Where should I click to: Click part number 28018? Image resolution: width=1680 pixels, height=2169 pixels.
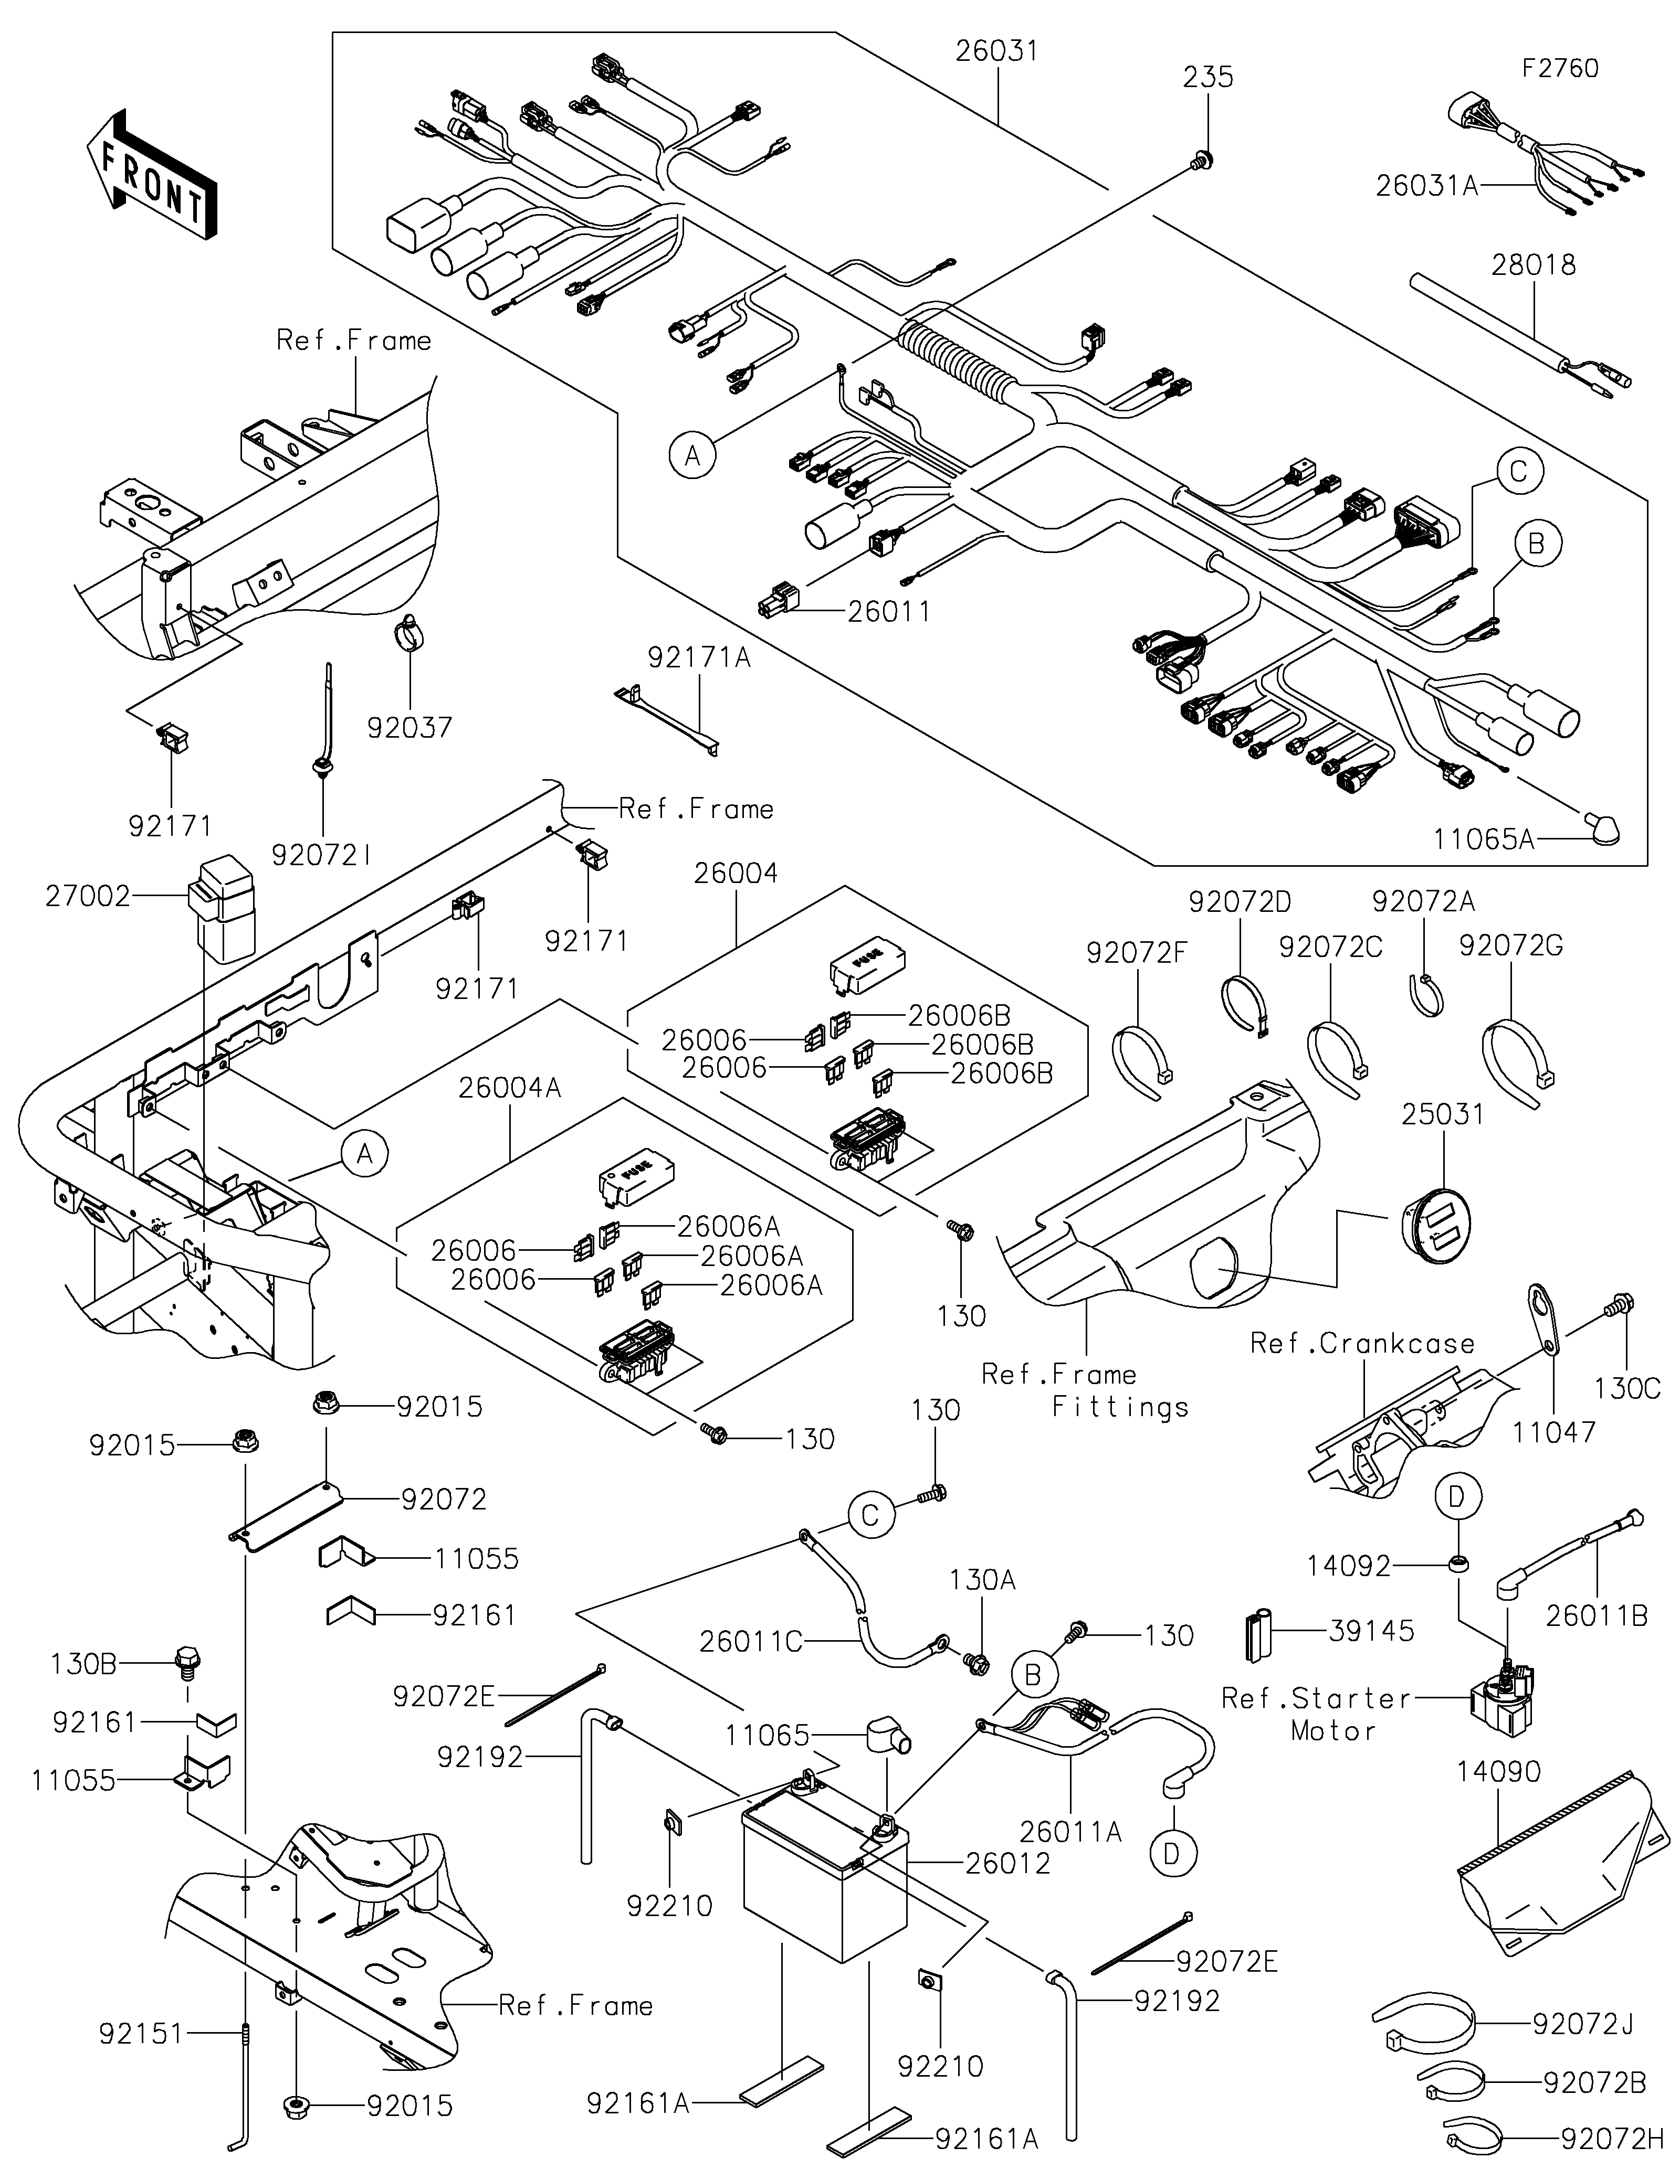pos(1533,265)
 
